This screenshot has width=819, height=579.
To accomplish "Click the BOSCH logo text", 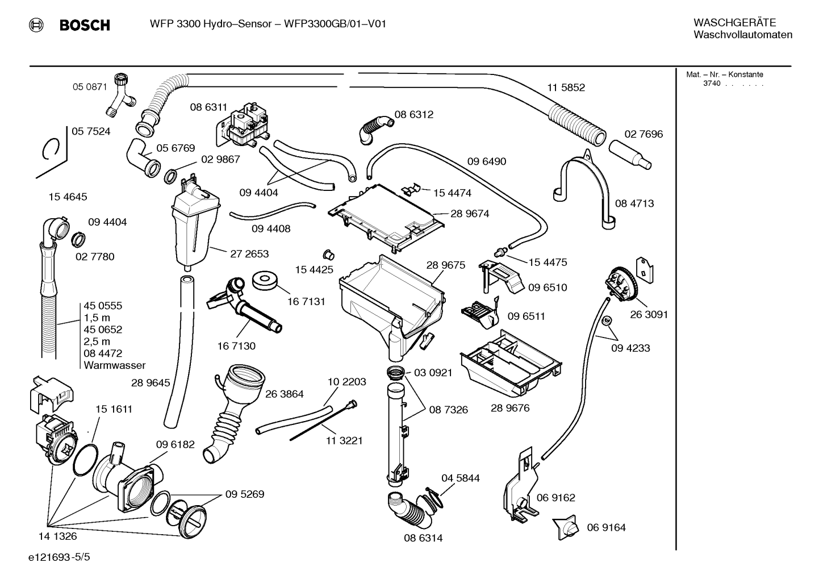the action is point(85,25).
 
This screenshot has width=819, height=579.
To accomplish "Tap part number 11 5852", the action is point(566,88).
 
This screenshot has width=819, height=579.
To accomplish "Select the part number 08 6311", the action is point(208,107).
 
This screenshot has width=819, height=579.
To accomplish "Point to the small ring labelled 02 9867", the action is point(170,176).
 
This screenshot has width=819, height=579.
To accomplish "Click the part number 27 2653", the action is point(249,253).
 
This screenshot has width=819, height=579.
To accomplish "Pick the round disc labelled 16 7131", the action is point(265,280).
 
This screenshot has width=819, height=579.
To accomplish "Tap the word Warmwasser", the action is point(114,365).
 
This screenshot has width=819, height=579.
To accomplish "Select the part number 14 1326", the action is point(58,536).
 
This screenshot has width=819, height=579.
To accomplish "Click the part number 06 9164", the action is point(606,527).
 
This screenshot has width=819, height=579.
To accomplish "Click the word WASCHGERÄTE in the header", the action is point(735,23).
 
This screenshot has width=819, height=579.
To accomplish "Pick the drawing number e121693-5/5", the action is point(59,557).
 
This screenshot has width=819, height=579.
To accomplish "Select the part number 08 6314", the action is point(423,538).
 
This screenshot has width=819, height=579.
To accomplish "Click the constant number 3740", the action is point(712,84).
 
